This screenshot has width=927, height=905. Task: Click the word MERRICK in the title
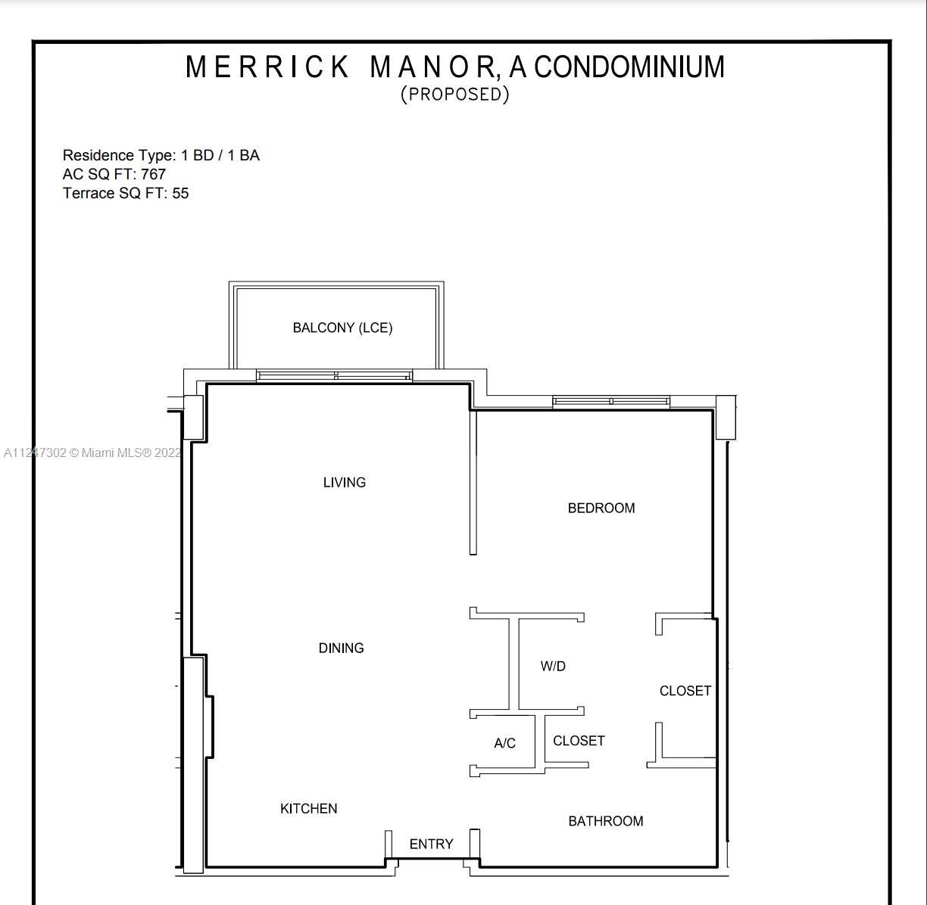pyautogui.click(x=267, y=67)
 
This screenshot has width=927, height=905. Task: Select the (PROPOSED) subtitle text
pyautogui.click(x=455, y=95)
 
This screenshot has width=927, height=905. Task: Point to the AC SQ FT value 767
pyautogui.click(x=154, y=174)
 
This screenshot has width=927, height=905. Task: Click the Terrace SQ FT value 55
pyautogui.click(x=180, y=193)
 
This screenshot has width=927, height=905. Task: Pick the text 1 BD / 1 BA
pyautogui.click(x=220, y=155)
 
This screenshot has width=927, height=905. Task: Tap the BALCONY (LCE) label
pyautogui.click(x=342, y=328)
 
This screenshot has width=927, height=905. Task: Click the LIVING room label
pyautogui.click(x=345, y=482)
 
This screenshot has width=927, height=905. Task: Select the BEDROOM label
pyautogui.click(x=601, y=508)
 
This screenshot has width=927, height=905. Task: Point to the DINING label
pyautogui.click(x=341, y=648)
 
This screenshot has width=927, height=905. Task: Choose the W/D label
pyautogui.click(x=553, y=666)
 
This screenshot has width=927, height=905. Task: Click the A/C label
pyautogui.click(x=505, y=743)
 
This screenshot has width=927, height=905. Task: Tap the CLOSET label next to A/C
pyautogui.click(x=579, y=741)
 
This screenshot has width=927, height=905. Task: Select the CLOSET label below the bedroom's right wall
pyautogui.click(x=685, y=691)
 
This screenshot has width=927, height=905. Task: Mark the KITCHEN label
pyautogui.click(x=309, y=808)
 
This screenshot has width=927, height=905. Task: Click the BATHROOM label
pyautogui.click(x=606, y=821)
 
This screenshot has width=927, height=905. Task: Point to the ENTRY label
pyautogui.click(x=431, y=844)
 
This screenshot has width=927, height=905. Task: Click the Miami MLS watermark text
pyautogui.click(x=92, y=452)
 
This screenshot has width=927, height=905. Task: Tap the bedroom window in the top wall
pyautogui.click(x=611, y=402)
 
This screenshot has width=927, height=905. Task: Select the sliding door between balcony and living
pyautogui.click(x=335, y=375)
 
